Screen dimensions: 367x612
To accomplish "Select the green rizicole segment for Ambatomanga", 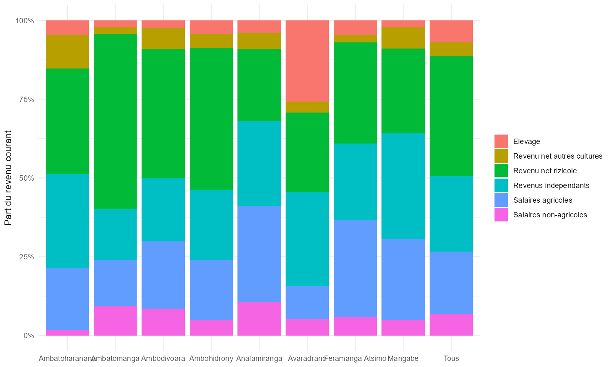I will [115, 122].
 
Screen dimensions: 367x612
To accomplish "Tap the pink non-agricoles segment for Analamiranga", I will [259, 318].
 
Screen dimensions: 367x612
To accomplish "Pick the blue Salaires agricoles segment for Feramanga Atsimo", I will [355, 268].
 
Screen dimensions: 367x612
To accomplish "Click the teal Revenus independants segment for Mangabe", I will [403, 186].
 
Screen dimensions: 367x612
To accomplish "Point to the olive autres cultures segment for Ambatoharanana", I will [67, 52].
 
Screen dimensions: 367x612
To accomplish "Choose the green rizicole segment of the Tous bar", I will [451, 116].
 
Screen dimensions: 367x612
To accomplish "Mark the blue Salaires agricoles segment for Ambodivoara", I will [163, 275].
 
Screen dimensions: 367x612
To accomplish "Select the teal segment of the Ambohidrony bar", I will [211, 225].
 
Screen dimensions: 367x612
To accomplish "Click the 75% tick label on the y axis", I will [25, 99].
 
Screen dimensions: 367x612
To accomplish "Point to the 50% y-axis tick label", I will [25, 178].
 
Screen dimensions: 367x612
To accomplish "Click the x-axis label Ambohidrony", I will [211, 359].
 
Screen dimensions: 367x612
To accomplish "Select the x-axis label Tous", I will [451, 359].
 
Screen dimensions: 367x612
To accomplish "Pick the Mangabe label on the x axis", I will [403, 359].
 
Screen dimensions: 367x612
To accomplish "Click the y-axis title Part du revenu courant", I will [8, 178].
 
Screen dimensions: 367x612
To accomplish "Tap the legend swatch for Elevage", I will [501, 141].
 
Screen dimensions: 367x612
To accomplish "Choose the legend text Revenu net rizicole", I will [545, 171].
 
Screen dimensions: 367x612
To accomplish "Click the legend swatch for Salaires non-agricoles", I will [501, 215].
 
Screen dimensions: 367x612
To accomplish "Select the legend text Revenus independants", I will [551, 186].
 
